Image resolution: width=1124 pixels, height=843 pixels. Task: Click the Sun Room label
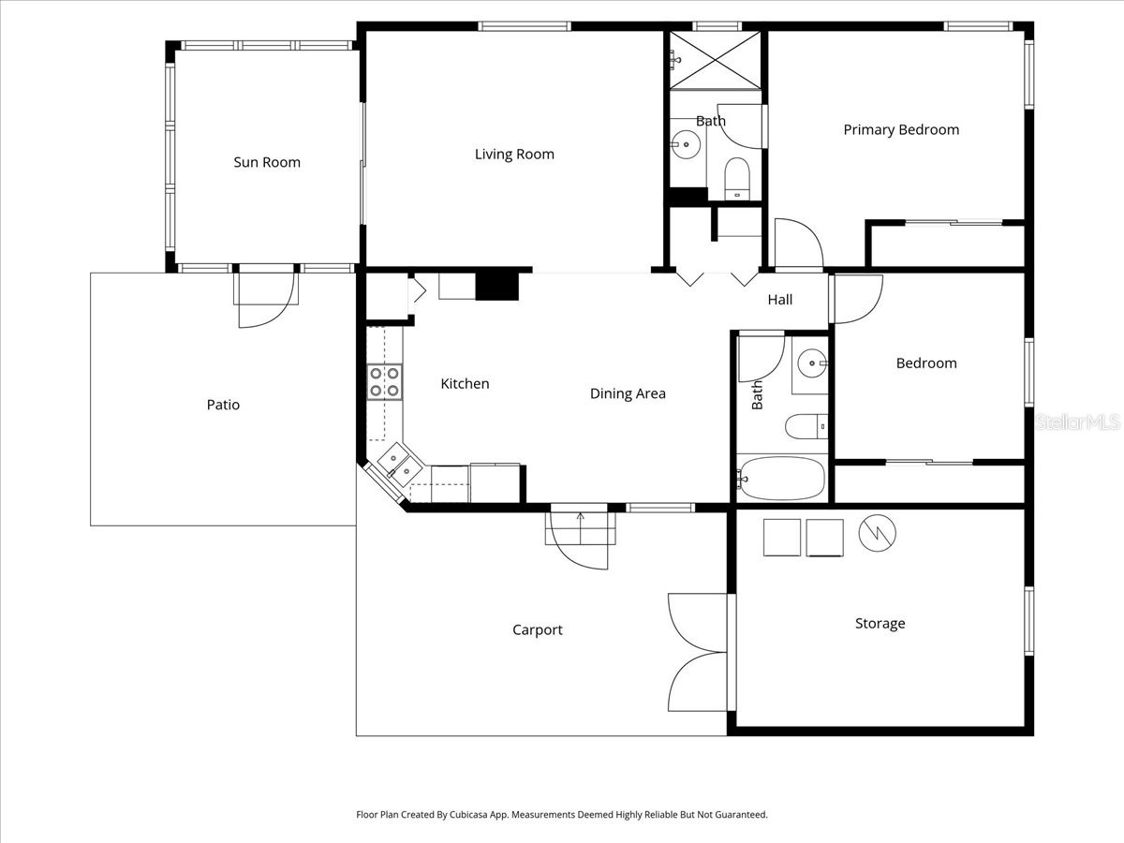pyautogui.click(x=267, y=162)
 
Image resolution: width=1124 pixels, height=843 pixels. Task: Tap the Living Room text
pyautogui.click(x=514, y=155)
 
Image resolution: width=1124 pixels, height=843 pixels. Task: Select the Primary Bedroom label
pyautogui.click(x=901, y=130)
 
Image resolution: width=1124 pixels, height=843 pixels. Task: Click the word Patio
pyautogui.click(x=223, y=405)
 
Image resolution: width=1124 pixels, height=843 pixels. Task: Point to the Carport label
pyautogui.click(x=538, y=630)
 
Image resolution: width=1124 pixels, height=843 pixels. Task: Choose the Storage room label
pyautogui.click(x=880, y=624)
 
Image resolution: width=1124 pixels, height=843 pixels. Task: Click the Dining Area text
pyautogui.click(x=628, y=393)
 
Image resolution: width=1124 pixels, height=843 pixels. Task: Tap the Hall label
pyautogui.click(x=780, y=300)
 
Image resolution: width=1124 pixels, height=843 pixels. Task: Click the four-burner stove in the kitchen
pyautogui.click(x=384, y=382)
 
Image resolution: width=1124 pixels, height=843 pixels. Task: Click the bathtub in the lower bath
pyautogui.click(x=781, y=479)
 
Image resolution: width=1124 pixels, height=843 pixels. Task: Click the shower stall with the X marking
pyautogui.click(x=715, y=60)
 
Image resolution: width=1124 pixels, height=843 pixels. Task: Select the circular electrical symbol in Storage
pyautogui.click(x=878, y=533)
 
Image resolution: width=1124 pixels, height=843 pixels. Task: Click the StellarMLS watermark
pyautogui.click(x=1077, y=422)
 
